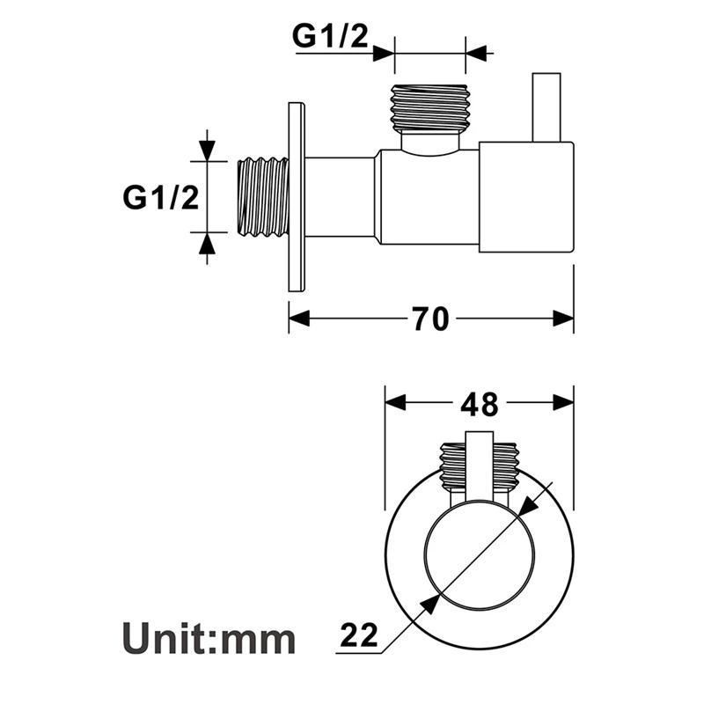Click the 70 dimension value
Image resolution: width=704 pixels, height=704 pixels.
pos(431,319)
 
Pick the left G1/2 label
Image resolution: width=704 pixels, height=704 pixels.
pos(160,197)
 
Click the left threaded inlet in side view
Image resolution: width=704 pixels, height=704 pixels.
pos(265,197)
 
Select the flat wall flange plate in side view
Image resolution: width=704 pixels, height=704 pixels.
pos(296,198)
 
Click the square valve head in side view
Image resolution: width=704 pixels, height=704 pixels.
pos(526,197)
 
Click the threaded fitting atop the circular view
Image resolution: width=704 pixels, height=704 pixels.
pos(480,462)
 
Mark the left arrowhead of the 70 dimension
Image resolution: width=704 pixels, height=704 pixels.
pos(300,319)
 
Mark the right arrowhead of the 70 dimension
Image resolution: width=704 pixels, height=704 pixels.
pos(562,319)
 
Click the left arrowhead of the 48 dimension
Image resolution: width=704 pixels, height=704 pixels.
pos(397,403)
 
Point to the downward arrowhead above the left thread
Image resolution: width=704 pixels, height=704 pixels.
pos(207,150)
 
